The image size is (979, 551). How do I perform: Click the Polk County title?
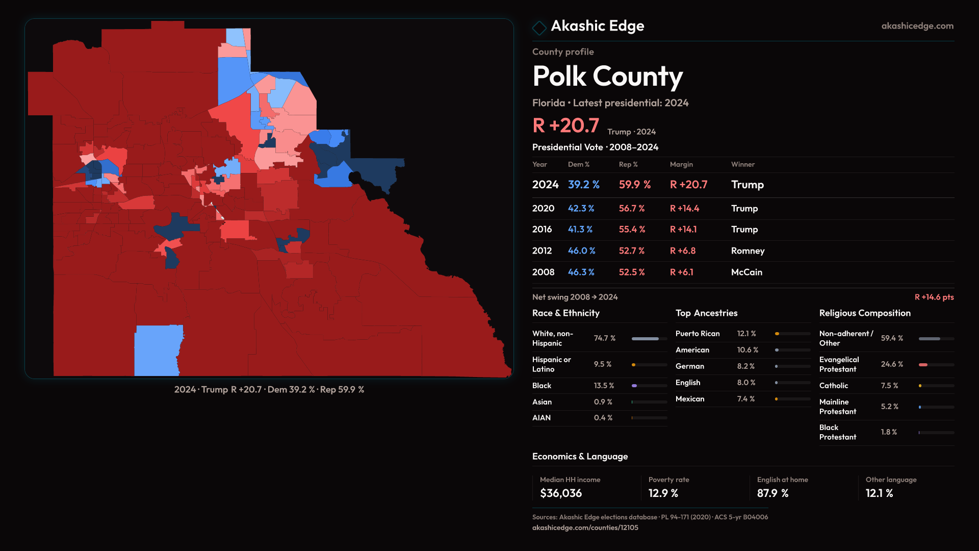pyautogui.click(x=607, y=77)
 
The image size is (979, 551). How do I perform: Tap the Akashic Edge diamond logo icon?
pyautogui.click(x=539, y=28)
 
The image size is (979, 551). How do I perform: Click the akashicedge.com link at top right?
pyautogui.click(x=917, y=26)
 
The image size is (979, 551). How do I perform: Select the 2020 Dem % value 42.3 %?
pyautogui.click(x=581, y=209)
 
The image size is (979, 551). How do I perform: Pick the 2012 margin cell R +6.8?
pyautogui.click(x=682, y=251)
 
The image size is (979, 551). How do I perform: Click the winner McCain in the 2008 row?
pyautogui.click(x=746, y=272)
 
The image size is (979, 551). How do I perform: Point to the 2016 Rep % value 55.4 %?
pyautogui.click(x=632, y=230)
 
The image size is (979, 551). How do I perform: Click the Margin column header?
pyautogui.click(x=681, y=164)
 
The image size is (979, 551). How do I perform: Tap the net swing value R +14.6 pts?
pyautogui.click(x=934, y=297)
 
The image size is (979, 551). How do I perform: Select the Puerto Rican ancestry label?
pyautogui.click(x=697, y=334)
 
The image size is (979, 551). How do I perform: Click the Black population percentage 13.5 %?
pyautogui.click(x=604, y=386)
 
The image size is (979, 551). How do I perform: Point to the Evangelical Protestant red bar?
pyautogui.click(x=923, y=365)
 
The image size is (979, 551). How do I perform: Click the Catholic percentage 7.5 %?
pyautogui.click(x=889, y=386)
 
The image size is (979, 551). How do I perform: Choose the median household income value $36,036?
pyautogui.click(x=560, y=493)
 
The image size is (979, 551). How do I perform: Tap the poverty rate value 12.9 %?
pyautogui.click(x=663, y=493)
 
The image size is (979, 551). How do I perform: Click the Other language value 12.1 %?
pyautogui.click(x=879, y=493)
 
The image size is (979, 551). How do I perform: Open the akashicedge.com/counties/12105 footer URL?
pyautogui.click(x=585, y=528)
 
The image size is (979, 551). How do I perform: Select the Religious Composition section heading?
pyautogui.click(x=864, y=313)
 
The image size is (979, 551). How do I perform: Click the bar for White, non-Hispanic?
pyautogui.click(x=645, y=339)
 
